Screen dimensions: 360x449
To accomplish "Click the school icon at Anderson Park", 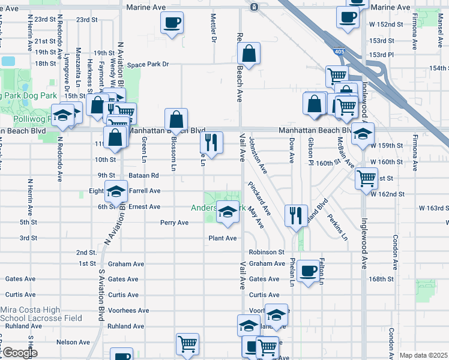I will click(227, 212).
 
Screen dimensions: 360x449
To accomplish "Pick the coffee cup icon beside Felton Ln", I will click(309, 271).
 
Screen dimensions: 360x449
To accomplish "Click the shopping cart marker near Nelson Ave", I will click(187, 344).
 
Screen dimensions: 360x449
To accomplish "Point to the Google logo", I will click(19, 353).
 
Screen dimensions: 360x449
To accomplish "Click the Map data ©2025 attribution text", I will click(423, 355).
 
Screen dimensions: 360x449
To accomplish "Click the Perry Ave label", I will click(174, 223).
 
